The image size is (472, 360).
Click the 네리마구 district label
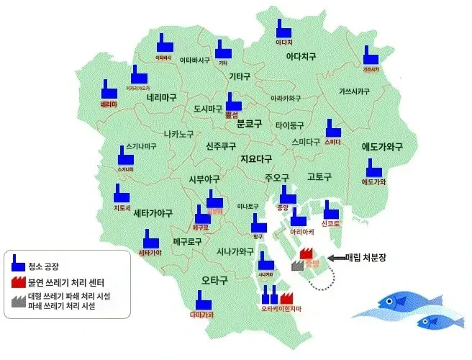tap(161, 97)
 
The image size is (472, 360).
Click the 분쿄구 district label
tap(251, 124)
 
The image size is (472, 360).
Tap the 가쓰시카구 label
tap(354, 92)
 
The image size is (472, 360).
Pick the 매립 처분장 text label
tap(366, 257)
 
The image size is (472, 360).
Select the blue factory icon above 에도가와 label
tap(373, 168)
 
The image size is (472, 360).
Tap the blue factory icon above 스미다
tap(332, 128)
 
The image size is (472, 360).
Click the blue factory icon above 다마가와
tap(201, 300)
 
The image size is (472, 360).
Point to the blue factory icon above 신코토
tap(330, 210)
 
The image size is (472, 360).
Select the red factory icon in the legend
tap(17, 282)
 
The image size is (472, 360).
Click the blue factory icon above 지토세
tap(120, 193)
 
